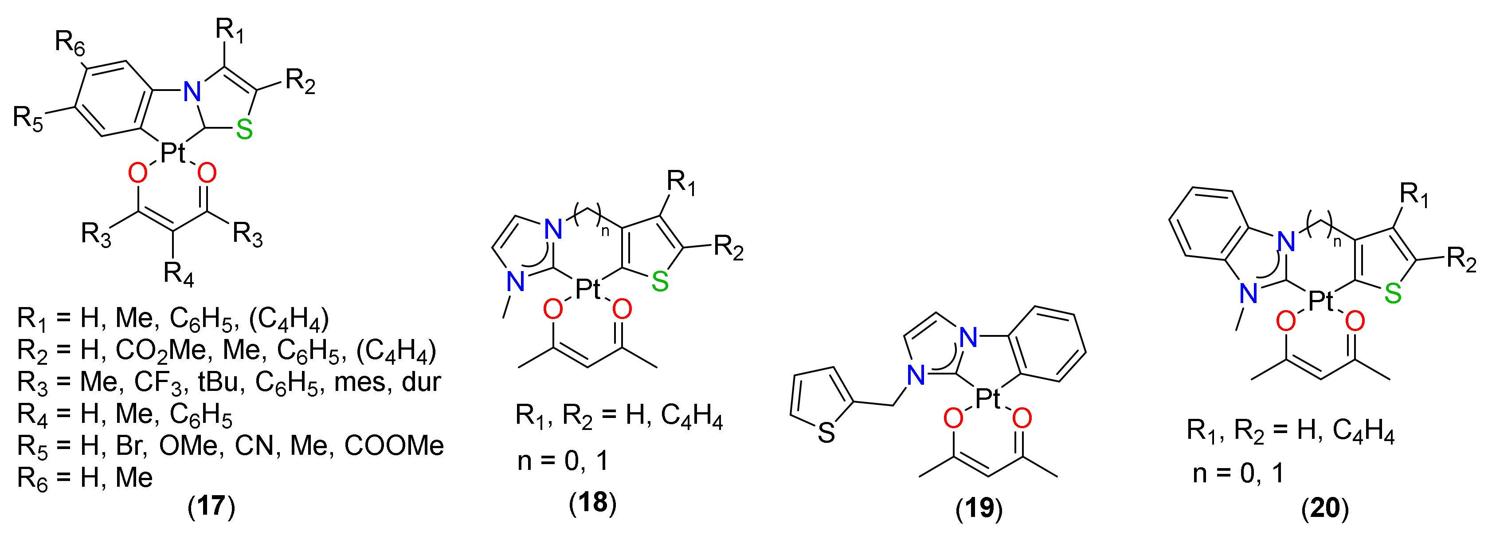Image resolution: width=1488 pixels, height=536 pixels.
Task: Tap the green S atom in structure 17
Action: point(244,130)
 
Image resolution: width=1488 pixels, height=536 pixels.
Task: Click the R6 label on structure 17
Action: point(70,43)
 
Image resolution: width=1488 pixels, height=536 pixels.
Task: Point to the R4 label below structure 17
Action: point(179,273)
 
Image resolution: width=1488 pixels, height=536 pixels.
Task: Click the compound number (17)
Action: point(211,506)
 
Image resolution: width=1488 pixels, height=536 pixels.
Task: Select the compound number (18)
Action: point(593,502)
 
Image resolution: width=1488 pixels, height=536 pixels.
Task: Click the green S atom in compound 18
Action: point(660,282)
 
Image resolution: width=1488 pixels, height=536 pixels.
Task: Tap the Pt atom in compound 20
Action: point(1320,301)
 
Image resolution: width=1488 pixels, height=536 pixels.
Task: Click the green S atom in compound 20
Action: point(1393,294)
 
